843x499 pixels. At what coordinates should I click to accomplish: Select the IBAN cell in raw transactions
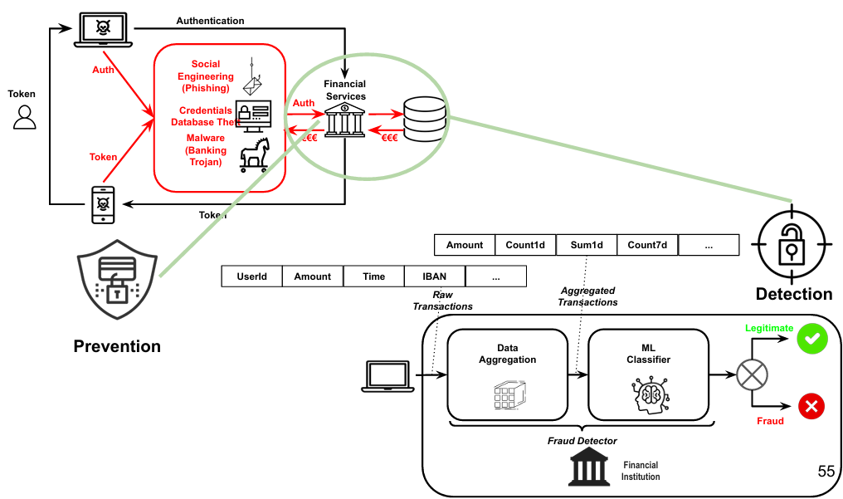click(x=435, y=276)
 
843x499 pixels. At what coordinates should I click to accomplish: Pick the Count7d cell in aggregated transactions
click(x=648, y=245)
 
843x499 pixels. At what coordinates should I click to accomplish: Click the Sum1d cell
click(x=587, y=245)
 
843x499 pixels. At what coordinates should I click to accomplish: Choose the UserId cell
click(x=252, y=276)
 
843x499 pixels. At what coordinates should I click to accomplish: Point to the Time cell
click(x=374, y=276)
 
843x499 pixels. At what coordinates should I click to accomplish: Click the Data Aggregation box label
click(x=508, y=354)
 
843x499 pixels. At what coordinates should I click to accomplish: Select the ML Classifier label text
click(x=648, y=354)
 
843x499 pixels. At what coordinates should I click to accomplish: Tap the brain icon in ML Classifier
click(x=648, y=394)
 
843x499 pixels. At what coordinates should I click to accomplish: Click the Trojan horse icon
click(x=255, y=154)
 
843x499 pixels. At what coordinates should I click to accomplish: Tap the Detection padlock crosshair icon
click(x=792, y=244)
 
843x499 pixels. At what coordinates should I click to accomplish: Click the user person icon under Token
click(x=25, y=117)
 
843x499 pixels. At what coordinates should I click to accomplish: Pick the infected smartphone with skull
click(x=103, y=204)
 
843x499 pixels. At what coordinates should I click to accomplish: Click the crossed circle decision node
click(x=751, y=374)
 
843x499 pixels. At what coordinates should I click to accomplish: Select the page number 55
click(x=826, y=472)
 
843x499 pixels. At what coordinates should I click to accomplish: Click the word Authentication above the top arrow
click(x=210, y=20)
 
